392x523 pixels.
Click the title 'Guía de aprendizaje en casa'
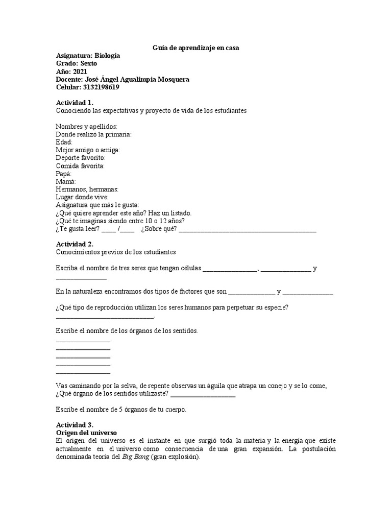tap(196, 47)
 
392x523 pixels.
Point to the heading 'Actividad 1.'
tap(75, 103)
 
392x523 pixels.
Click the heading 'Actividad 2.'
tap(75, 244)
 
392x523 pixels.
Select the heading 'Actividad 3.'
tap(75, 425)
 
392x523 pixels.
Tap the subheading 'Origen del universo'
tap(86, 433)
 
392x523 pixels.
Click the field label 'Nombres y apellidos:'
tap(86, 126)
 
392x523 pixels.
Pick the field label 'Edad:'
tap(64, 142)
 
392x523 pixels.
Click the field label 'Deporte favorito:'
tap(80, 158)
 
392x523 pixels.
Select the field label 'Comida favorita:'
tap(80, 166)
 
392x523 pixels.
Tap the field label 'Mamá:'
tap(65, 182)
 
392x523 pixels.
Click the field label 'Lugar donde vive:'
tap(82, 197)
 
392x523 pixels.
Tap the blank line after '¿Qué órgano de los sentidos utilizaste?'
tap(203, 394)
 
